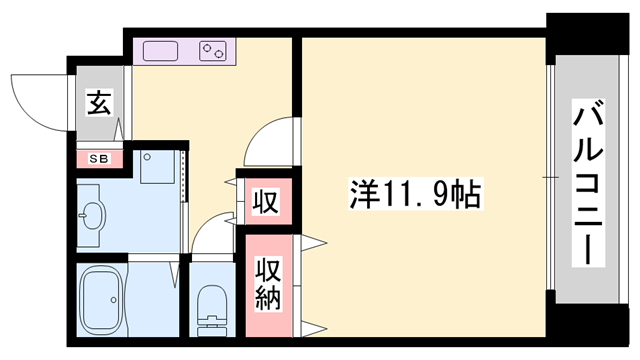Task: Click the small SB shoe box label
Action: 99,158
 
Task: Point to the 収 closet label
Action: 265,200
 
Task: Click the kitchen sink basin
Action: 160,49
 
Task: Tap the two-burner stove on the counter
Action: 214,49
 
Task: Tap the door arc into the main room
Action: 268,142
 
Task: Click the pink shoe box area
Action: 99,158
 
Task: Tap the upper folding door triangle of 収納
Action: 313,240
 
